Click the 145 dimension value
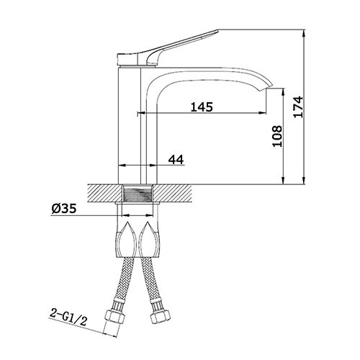[202, 107]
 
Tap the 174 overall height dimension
[298, 107]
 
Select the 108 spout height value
[277, 136]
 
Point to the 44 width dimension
[176, 160]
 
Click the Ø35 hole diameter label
[64, 208]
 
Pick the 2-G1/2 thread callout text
[68, 318]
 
